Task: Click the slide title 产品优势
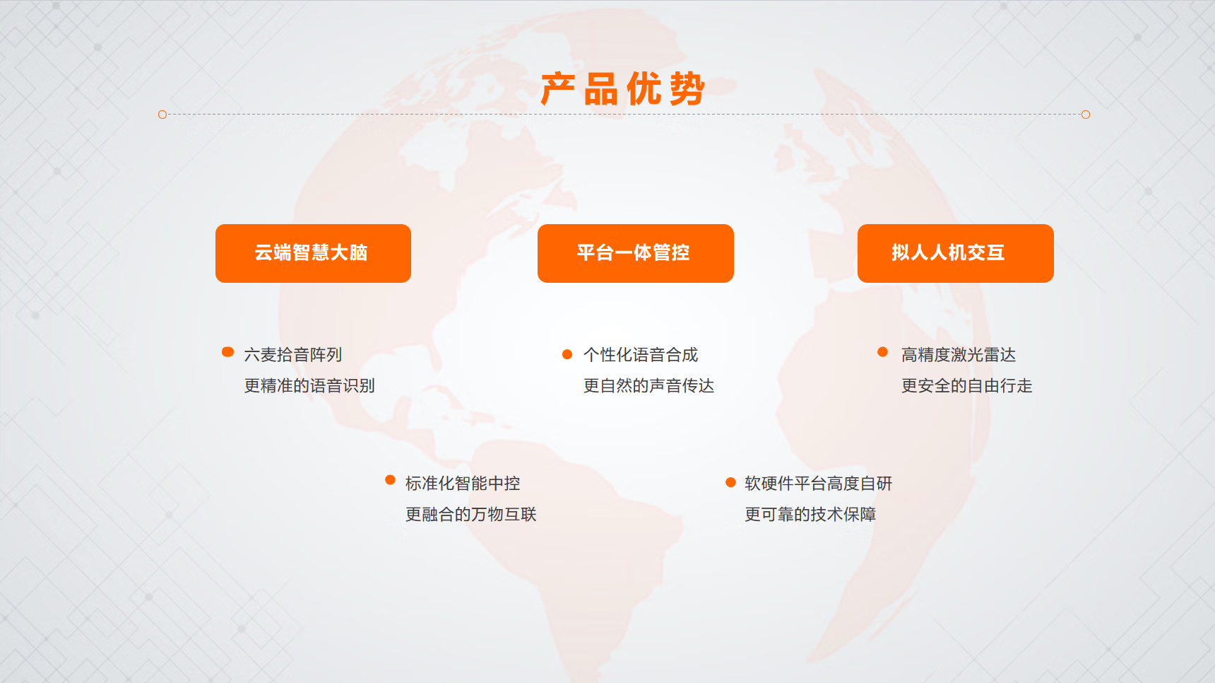tap(622, 89)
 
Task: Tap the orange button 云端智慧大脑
tap(313, 253)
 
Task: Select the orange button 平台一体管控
tap(636, 253)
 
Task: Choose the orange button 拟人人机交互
tap(956, 253)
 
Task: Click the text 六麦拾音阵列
tap(293, 354)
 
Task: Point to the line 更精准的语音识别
tap(309, 385)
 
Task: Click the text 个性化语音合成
tap(641, 354)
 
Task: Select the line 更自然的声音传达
tap(648, 385)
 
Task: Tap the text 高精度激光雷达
tap(959, 354)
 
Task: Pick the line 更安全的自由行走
tap(966, 385)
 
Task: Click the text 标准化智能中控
tap(463, 483)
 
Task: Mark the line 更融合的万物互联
tap(470, 514)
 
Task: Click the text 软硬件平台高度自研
tap(819, 483)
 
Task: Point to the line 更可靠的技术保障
tap(810, 514)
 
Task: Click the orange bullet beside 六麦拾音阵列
tap(227, 352)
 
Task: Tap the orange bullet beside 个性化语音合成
tap(567, 354)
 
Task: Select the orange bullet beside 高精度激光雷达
tap(882, 352)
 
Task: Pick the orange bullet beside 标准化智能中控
tap(390, 480)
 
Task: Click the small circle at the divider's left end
tap(162, 115)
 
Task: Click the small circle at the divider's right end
tap(1086, 115)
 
